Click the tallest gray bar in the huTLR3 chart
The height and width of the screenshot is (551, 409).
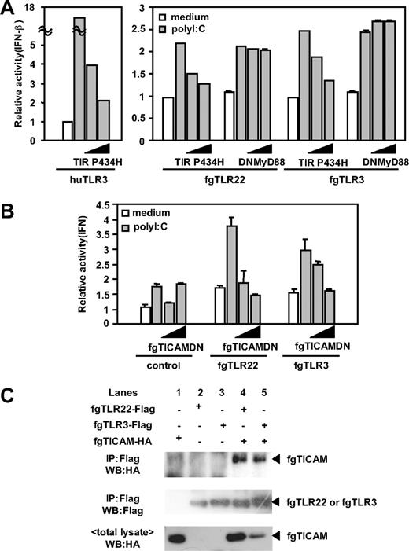(79, 79)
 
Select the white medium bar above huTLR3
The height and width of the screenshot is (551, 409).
(67, 131)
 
